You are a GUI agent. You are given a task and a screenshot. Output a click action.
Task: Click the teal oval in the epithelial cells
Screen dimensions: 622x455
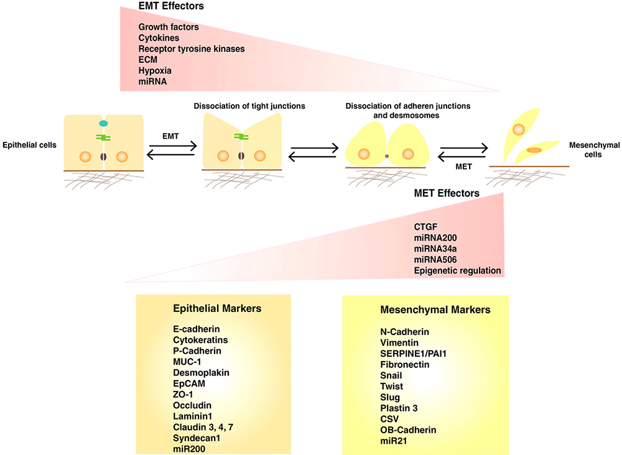point(103,124)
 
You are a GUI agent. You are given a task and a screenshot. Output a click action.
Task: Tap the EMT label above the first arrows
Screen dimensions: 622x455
point(170,136)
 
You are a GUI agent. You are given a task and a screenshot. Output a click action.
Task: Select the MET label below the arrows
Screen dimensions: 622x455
point(464,167)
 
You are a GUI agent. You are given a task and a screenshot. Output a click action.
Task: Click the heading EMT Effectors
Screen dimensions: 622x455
point(171,6)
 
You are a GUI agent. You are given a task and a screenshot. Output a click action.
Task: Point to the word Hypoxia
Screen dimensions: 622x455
point(155,71)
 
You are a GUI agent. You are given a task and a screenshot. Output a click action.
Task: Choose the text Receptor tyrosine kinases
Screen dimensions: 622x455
point(192,48)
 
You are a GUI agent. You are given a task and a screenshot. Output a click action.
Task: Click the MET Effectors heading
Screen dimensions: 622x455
point(447,193)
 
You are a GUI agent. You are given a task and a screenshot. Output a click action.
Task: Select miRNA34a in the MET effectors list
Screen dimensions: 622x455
point(435,249)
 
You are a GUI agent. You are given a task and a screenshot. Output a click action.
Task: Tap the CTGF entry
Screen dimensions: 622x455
point(425,227)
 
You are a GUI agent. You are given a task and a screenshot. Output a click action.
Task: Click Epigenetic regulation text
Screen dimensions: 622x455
point(457,271)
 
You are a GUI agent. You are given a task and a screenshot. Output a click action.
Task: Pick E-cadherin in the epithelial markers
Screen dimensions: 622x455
point(197,329)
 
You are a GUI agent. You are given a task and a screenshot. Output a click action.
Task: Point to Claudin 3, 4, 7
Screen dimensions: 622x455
point(203,427)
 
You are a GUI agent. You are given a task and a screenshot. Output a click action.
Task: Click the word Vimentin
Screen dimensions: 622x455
point(399,343)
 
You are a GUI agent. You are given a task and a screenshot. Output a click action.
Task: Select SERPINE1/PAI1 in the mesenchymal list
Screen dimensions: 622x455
point(414,354)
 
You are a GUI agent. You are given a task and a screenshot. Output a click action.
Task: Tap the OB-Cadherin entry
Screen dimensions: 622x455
point(408,430)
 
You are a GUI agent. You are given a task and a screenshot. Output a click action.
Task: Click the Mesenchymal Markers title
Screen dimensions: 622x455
point(435,310)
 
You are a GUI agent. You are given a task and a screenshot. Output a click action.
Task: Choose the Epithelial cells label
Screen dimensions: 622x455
point(29,145)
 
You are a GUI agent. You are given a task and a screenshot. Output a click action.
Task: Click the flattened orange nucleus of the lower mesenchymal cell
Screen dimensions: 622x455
point(534,150)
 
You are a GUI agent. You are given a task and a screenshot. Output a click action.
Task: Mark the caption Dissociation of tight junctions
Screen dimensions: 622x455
point(249,106)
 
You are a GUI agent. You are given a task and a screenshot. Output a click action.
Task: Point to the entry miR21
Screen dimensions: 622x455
point(394,441)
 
